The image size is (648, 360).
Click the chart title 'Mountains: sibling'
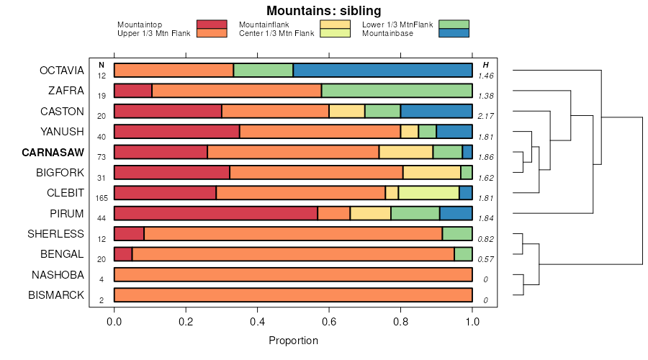coord(323,11)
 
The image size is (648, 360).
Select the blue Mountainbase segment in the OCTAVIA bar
coord(382,71)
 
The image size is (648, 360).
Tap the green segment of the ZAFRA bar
coord(397,91)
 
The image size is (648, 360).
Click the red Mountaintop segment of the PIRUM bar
coord(215,213)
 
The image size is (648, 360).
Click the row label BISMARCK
coord(56,295)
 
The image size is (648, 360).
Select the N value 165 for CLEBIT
coord(102,198)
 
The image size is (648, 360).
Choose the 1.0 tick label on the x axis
coord(472,322)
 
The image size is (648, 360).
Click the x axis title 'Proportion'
coord(293,340)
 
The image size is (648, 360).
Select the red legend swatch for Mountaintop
coord(211,24)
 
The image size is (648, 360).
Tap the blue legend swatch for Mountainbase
coord(454,33)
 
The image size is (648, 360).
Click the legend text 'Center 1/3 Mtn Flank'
coord(276,33)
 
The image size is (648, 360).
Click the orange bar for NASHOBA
coord(293,274)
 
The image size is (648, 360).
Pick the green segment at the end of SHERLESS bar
coord(457,233)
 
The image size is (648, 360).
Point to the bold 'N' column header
coord(102,66)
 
